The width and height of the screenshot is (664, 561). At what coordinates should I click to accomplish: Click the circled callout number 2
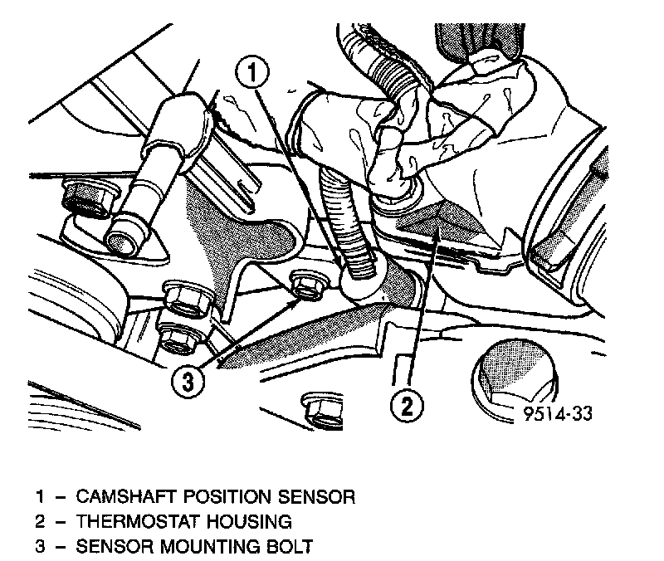click(x=407, y=407)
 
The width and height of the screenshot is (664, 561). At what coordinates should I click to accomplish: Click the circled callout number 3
click(x=188, y=382)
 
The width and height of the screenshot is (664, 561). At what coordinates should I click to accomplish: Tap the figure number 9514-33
click(x=558, y=412)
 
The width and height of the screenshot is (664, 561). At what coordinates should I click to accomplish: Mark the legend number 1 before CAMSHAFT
click(x=38, y=497)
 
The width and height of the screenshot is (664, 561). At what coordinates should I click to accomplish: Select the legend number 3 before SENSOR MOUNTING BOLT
click(x=38, y=547)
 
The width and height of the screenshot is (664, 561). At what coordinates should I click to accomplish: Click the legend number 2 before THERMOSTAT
click(x=38, y=522)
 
